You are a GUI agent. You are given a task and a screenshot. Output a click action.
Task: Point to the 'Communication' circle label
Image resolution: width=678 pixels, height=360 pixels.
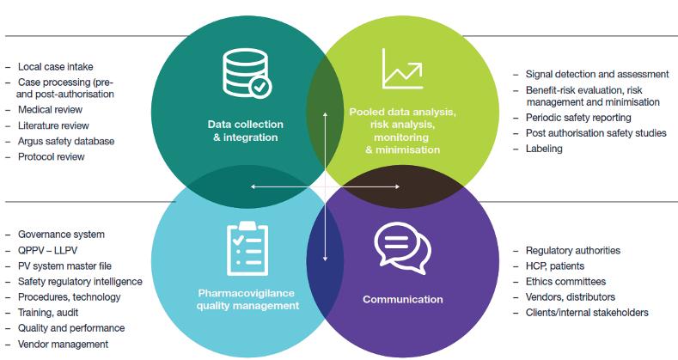[402, 300]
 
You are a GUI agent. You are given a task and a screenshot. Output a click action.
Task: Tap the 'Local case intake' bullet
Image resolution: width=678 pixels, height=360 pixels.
[55, 66]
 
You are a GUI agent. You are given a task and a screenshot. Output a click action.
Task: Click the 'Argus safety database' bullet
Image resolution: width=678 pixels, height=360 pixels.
[65, 141]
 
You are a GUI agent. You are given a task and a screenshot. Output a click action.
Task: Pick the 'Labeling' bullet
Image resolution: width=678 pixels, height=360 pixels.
[544, 149]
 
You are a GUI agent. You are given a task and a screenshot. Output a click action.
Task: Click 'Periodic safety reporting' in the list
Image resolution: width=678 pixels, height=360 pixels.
[577, 118]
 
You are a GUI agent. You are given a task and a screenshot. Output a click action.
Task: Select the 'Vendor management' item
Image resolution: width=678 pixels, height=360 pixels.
[63, 344]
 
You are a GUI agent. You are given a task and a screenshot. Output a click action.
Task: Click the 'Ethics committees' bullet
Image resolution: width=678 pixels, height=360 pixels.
[565, 282]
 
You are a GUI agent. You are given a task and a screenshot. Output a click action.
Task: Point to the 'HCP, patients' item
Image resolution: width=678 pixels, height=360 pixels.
[555, 266]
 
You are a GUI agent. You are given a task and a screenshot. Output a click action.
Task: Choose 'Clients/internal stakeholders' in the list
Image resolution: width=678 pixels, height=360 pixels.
[586, 313]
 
